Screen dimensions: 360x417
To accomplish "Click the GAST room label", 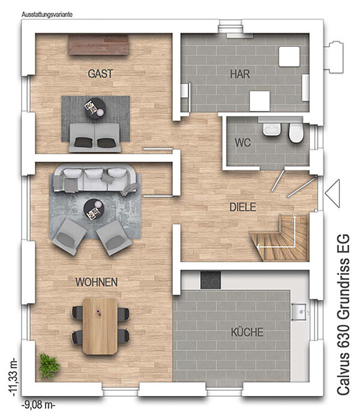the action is [x=100, y=74].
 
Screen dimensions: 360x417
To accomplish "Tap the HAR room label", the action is [x=240, y=74].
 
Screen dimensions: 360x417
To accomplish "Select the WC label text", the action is [x=242, y=143].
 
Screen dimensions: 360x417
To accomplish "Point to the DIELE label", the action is [x=242, y=207].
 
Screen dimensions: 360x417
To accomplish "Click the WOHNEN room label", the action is [x=97, y=282].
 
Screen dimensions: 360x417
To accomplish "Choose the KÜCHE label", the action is [x=247, y=332].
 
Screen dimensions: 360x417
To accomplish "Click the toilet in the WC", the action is [x=296, y=133].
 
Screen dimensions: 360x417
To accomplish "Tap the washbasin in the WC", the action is [x=272, y=129].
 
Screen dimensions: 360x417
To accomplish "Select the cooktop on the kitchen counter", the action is [x=211, y=280].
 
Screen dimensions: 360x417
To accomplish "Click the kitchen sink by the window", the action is [x=300, y=311].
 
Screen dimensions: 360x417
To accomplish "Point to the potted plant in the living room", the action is [x=49, y=366].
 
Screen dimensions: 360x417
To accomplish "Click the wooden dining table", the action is [x=100, y=326].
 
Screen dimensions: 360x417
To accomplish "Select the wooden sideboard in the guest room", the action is [x=98, y=44].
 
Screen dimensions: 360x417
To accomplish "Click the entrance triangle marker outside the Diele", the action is [x=332, y=193].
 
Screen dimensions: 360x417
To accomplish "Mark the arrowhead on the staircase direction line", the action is [x=258, y=247].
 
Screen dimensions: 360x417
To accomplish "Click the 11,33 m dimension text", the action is [x=13, y=378].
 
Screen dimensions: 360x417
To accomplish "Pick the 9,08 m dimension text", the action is [x=38, y=405].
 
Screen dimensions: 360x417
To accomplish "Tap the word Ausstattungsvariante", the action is [x=47, y=14].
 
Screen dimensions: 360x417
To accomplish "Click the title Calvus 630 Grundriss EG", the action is [x=343, y=314].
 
